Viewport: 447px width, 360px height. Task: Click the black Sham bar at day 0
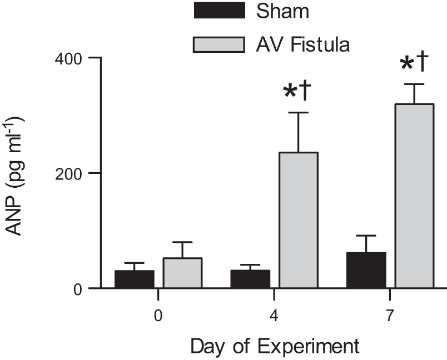point(134,279)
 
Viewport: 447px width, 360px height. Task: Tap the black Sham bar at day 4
point(250,279)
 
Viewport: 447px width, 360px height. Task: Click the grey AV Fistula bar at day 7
point(414,196)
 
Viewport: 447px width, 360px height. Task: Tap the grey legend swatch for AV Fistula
point(219,44)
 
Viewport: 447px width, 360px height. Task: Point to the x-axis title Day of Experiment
point(275,347)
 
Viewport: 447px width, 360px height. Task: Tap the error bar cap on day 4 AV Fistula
point(299,113)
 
